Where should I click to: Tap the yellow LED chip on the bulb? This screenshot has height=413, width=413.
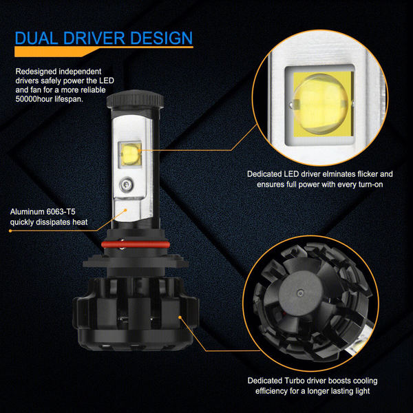[x=130, y=156]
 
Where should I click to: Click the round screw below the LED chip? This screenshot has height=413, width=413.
[x=127, y=184]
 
